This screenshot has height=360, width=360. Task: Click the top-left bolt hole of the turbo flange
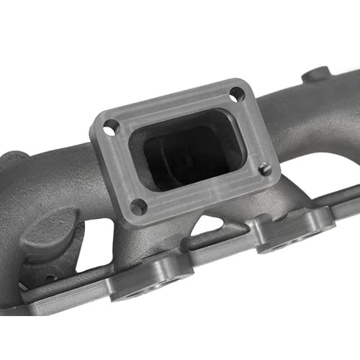(x=111, y=128)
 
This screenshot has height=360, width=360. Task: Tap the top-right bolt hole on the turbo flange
(x=237, y=94)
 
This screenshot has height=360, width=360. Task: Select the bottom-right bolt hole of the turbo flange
(x=265, y=169)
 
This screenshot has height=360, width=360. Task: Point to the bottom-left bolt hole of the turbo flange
(x=138, y=207)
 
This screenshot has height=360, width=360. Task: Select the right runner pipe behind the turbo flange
(x=302, y=115)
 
